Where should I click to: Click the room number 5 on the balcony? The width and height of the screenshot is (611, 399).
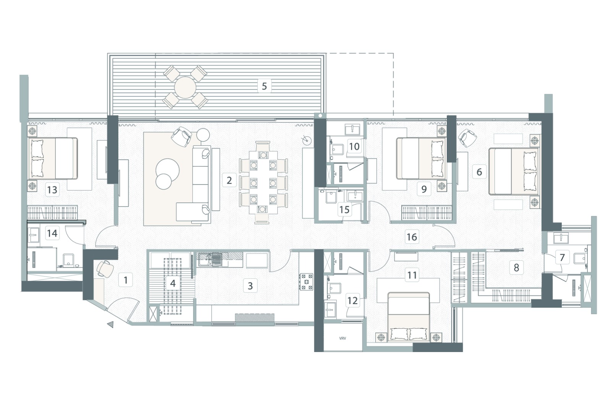[264, 86]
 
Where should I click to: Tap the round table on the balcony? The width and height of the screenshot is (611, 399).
[185, 87]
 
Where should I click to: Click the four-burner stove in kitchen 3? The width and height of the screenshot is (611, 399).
[306, 281]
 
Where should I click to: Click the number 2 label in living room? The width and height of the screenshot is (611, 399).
[229, 180]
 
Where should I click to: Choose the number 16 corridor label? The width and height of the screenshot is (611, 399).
[411, 237]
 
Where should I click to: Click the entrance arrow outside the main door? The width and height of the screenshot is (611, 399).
[111, 324]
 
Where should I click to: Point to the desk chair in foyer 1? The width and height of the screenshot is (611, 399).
[105, 268]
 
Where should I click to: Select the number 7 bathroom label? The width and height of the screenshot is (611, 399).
[562, 257]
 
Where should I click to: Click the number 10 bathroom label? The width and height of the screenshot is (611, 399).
[354, 146]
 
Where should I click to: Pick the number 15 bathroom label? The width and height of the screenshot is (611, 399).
[344, 210]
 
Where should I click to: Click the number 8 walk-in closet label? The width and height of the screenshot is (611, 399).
[516, 267]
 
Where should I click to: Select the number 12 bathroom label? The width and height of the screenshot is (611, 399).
[352, 300]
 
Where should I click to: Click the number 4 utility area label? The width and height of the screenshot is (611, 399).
[173, 283]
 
